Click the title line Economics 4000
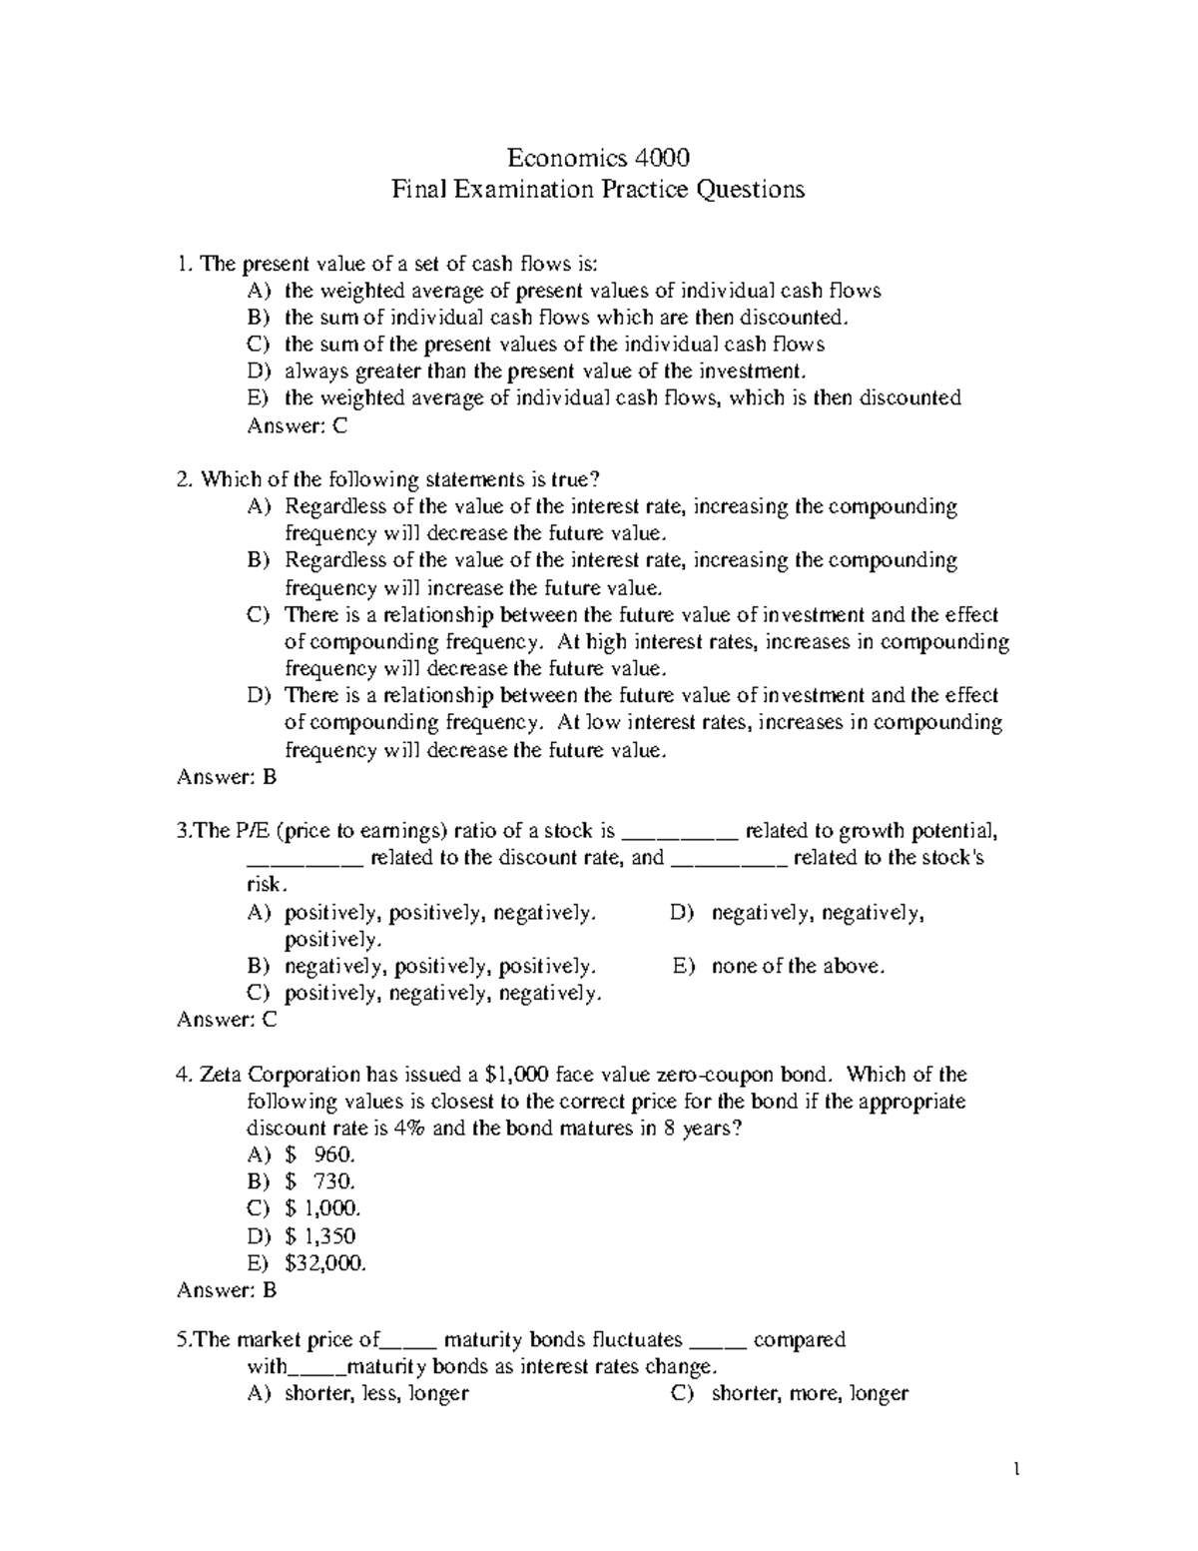point(598,158)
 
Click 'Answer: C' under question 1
point(297,425)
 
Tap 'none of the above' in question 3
point(798,966)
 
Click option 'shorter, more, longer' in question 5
point(809,1393)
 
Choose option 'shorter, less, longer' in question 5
point(376,1393)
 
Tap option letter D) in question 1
point(258,372)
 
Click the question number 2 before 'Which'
point(183,479)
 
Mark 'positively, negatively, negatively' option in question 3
point(443,993)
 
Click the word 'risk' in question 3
point(266,885)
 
